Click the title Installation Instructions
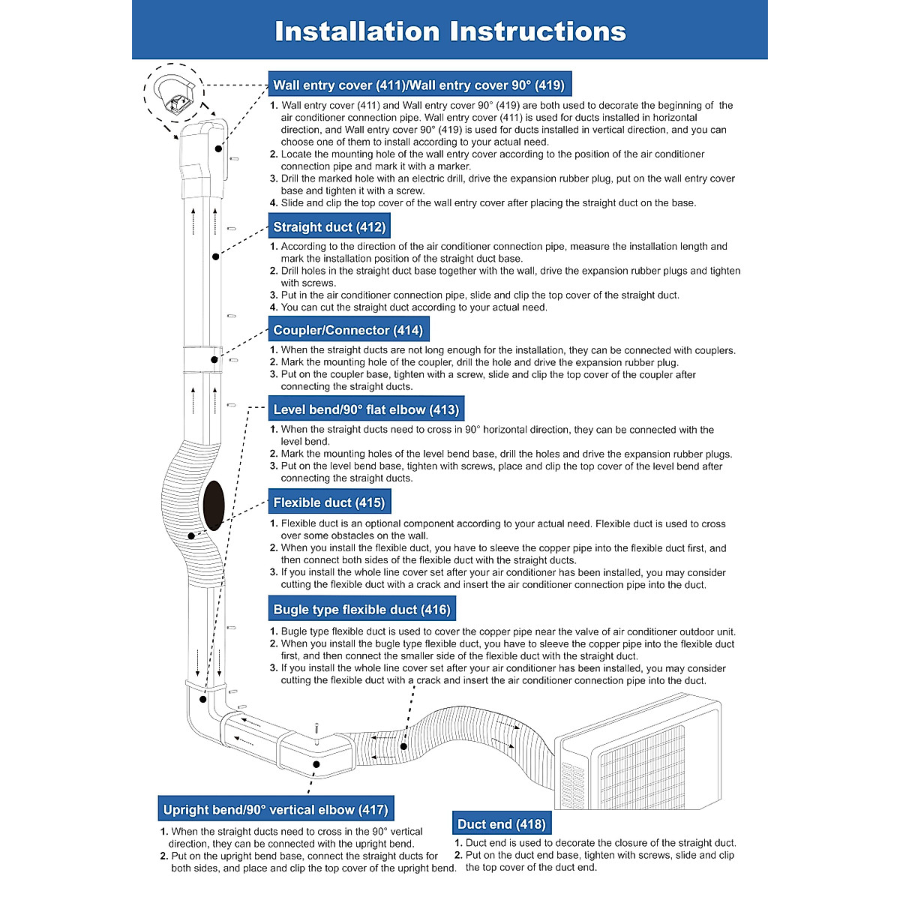pos(450,31)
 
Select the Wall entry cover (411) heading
pos(418,85)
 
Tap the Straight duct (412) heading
pos(329,226)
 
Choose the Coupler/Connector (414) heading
pos(348,330)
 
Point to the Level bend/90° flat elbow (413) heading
pos(366,409)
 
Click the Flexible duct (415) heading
pos(328,502)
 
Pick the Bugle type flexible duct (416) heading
pos(361,609)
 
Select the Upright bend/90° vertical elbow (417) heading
pos(275,809)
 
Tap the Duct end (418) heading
pos(501,824)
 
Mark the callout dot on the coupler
pos(214,360)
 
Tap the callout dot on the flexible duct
pos(192,536)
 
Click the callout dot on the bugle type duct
pos(403,747)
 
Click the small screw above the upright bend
pos(317,729)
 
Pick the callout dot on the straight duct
pos(215,256)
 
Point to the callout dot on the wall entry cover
pos(218,148)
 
